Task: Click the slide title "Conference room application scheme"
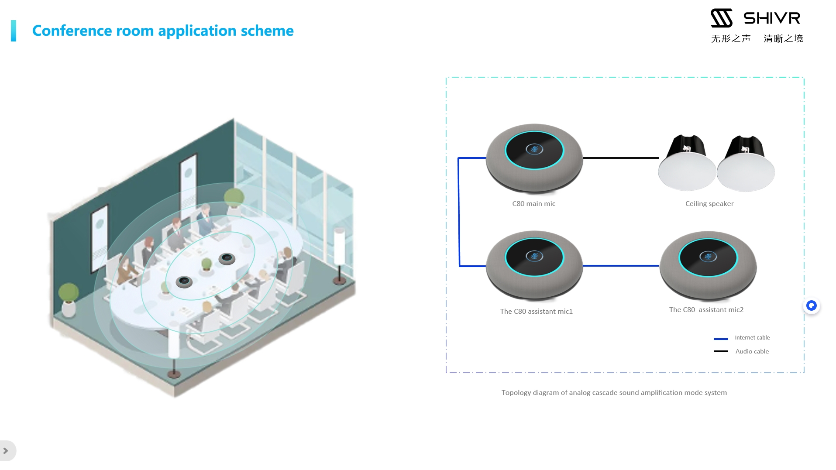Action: pos(163,31)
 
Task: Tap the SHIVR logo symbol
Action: pos(721,18)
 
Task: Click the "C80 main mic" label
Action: pos(533,204)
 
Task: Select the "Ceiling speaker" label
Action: pos(709,204)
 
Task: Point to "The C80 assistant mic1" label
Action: pos(536,312)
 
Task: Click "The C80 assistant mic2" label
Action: pos(706,310)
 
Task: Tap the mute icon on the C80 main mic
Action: pos(534,149)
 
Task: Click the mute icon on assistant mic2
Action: pos(708,257)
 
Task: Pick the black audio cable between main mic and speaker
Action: pos(620,158)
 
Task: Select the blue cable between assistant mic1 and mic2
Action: pos(620,265)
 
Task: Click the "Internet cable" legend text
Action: pos(752,338)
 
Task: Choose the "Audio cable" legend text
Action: pos(752,351)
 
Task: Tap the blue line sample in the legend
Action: pos(721,339)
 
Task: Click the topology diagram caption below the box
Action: pos(614,393)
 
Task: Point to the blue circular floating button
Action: pos(811,306)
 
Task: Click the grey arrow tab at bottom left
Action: pos(6,451)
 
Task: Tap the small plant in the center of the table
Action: pos(206,264)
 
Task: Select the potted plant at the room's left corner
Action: pos(69,299)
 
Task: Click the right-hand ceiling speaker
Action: pos(746,164)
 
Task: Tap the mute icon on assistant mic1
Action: pos(534,256)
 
